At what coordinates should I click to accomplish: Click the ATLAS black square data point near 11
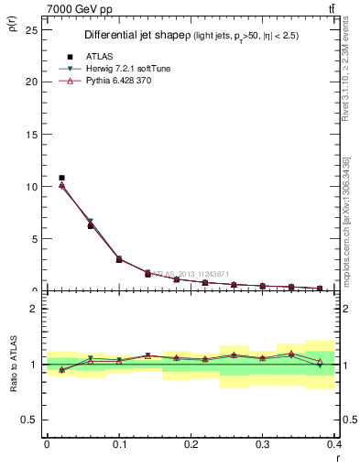coord(61,178)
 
